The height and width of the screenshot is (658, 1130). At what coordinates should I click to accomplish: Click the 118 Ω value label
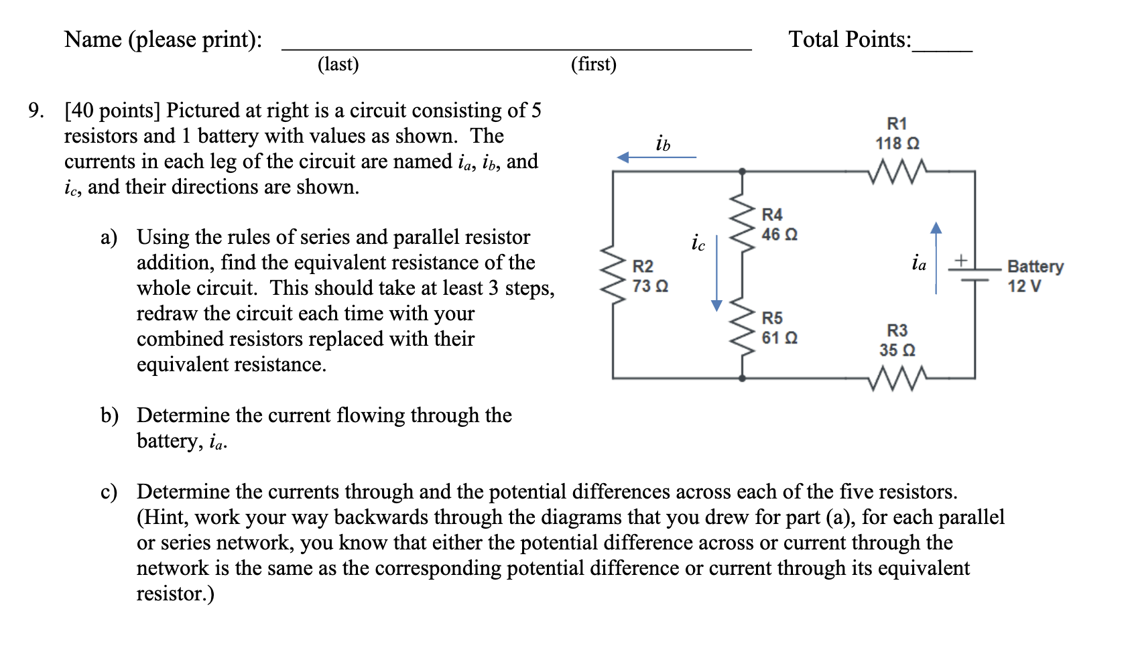coord(897,143)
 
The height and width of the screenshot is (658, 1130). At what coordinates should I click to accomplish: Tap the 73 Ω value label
coord(649,286)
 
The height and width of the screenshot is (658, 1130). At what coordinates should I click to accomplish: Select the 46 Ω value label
coord(779,235)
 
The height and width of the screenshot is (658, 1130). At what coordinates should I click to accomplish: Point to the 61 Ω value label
coord(779,338)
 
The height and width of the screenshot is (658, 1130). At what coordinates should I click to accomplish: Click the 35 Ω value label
coord(897,350)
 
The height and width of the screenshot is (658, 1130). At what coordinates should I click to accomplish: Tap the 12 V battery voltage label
coord(1024,286)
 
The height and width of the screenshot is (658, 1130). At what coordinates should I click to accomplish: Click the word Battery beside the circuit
coord(1035,266)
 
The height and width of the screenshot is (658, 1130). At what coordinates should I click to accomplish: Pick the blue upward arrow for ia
coord(936,257)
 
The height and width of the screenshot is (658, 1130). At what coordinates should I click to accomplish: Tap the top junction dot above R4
coord(742,172)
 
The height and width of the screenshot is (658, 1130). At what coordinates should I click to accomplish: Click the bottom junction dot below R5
coord(742,378)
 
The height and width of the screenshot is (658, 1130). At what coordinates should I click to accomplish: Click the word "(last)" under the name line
coord(338,64)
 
